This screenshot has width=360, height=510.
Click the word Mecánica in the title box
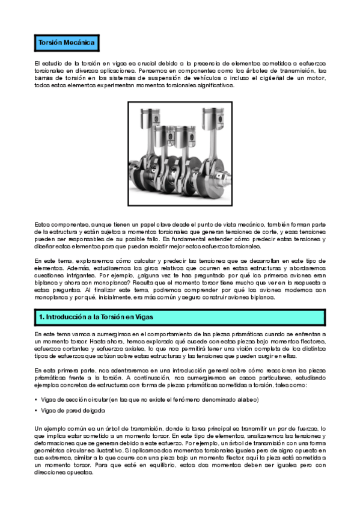click(78, 44)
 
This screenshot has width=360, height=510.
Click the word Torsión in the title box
click(50, 44)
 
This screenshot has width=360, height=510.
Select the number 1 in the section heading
click(40, 316)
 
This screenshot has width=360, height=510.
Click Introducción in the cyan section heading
click(67, 316)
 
